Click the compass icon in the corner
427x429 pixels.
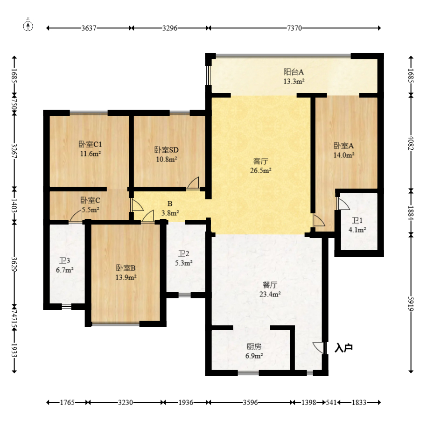(28, 25)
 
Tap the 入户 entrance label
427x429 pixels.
(343, 348)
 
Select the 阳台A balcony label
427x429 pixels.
(294, 72)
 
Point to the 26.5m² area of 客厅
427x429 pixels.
(261, 170)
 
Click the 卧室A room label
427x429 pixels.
(343, 146)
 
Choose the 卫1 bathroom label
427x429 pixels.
(357, 220)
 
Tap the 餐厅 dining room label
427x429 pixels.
(270, 285)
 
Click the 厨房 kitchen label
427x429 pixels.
(254, 347)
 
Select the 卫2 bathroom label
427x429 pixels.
(183, 253)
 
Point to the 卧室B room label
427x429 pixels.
(126, 268)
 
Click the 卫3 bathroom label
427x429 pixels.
(64, 260)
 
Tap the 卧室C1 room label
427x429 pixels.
(90, 144)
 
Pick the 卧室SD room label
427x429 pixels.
(166, 150)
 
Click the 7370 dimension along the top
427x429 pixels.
(294, 28)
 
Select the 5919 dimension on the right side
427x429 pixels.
(411, 303)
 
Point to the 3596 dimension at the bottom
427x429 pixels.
(250, 402)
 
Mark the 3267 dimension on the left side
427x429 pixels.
(14, 151)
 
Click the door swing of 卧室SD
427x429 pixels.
(193, 183)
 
